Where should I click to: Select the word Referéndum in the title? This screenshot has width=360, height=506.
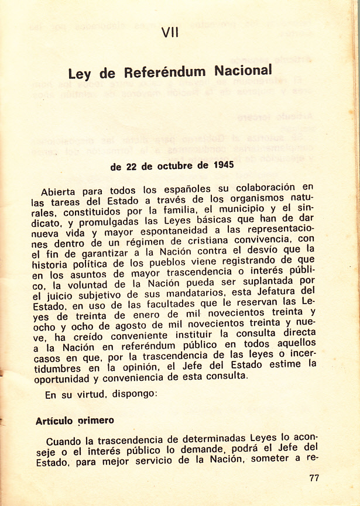[x=165, y=73]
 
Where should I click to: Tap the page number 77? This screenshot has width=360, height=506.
[x=314, y=478]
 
